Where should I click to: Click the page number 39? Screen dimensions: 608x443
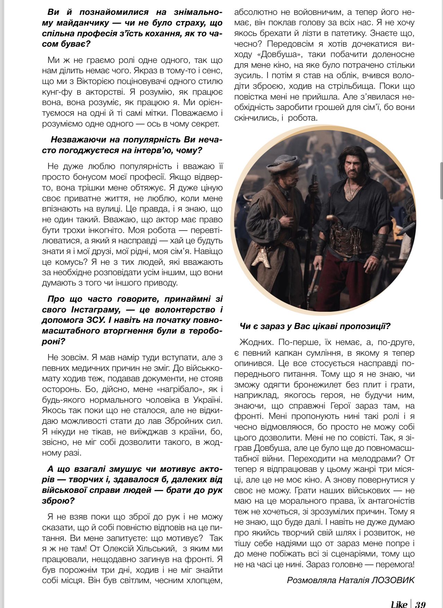pos(420,602)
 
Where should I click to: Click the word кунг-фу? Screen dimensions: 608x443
pos(57,92)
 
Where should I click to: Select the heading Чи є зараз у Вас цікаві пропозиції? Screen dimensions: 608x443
pos(315,326)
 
